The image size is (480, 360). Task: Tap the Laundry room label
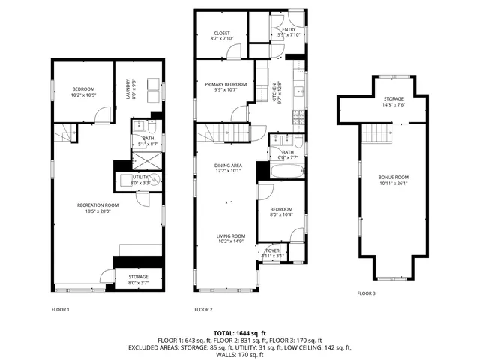[128, 90]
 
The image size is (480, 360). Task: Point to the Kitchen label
[280, 91]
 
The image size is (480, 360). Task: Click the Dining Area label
[228, 167]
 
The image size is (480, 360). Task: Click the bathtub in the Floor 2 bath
[284, 172]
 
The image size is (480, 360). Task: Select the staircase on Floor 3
[377, 136]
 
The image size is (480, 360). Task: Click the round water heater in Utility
[155, 180]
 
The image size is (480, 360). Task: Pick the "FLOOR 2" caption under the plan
[203, 309]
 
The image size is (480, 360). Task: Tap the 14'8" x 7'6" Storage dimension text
[393, 105]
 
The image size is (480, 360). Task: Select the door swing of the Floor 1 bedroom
[100, 115]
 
